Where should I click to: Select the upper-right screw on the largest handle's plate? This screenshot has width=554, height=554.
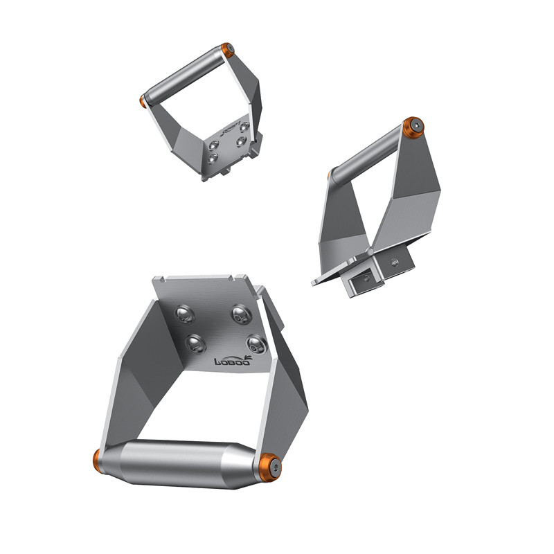pos(240,314)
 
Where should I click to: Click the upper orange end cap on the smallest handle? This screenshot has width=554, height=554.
pos(227,50)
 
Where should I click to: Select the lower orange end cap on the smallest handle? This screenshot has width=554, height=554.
pos(143,101)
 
